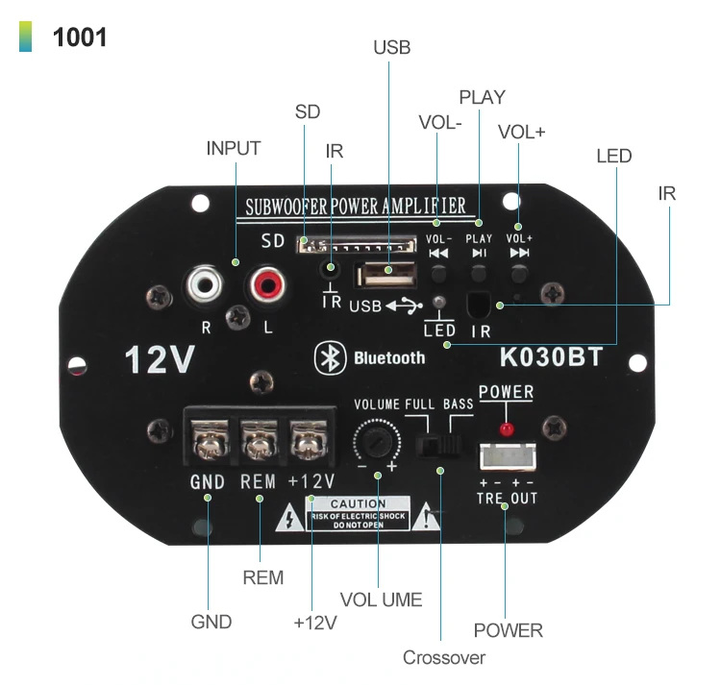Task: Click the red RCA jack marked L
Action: (x=267, y=284)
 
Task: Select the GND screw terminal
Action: (x=208, y=442)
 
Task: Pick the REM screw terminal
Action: (x=257, y=442)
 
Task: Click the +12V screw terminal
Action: (x=308, y=442)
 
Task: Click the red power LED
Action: (x=507, y=427)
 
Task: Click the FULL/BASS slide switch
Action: (x=440, y=445)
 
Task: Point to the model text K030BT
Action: (x=551, y=357)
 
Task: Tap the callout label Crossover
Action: (x=443, y=658)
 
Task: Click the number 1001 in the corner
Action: (x=80, y=38)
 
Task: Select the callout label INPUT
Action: (x=234, y=149)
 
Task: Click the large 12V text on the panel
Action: (x=160, y=360)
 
